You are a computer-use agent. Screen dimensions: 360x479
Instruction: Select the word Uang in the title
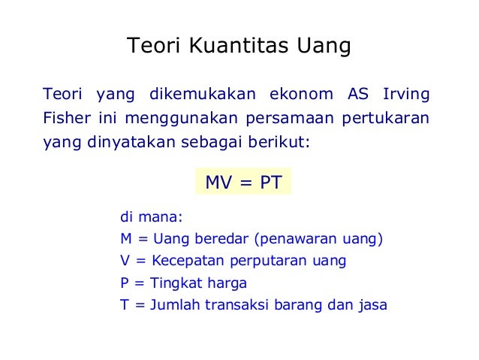pos(325,47)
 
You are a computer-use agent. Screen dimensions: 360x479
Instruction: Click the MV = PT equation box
pos(243,182)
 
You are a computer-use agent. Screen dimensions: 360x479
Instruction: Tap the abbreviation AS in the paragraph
pos(359,95)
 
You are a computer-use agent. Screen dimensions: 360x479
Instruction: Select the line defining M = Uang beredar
pos(184,241)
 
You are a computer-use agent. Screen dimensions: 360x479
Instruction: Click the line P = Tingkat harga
pos(183,284)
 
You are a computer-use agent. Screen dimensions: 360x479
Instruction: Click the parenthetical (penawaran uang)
pos(319,241)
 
